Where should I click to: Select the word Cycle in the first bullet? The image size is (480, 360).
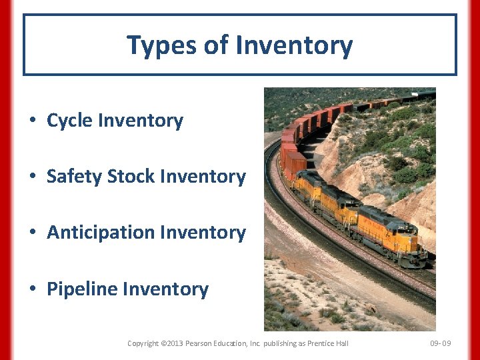pos(69,121)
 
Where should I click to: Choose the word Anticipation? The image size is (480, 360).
pos(95,233)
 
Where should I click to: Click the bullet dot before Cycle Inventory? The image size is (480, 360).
pos(32,121)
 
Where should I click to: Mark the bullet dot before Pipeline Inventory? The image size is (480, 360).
pos(32,290)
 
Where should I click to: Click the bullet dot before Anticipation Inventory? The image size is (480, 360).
pos(32,233)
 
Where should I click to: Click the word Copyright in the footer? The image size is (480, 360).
pos(143,343)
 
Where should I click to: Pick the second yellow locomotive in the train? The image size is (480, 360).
pos(339,205)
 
